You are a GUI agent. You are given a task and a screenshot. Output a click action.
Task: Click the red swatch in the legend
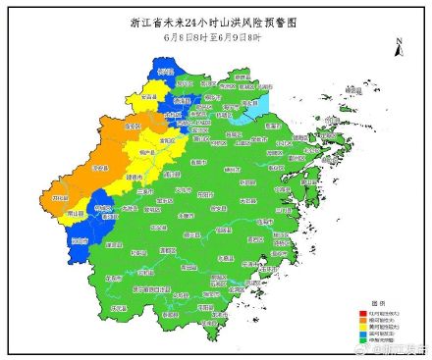point(362,312)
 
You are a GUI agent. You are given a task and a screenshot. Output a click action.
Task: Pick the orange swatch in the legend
point(362,319)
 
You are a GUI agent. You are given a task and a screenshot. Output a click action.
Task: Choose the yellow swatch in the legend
point(362,326)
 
